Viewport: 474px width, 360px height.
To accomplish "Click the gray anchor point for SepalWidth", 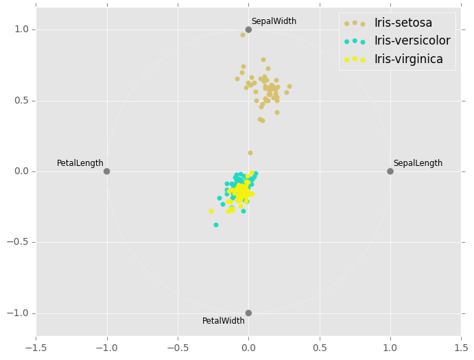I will point(248,29).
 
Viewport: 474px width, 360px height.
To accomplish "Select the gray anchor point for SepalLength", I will point(390,171).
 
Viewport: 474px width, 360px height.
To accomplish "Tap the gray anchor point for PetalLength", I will point(106,171).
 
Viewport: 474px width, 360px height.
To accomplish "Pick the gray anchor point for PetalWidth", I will point(248,313).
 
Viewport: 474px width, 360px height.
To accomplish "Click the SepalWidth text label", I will point(274,21).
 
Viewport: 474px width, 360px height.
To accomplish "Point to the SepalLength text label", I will point(418,163).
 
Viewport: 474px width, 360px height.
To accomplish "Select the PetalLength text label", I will point(80,163).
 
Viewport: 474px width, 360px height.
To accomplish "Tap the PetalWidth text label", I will point(223,321).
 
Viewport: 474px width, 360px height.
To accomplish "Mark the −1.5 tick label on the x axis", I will point(36,347).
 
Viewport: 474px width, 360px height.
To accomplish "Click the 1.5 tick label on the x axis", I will point(461,347).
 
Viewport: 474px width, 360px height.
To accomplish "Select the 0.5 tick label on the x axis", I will point(319,347).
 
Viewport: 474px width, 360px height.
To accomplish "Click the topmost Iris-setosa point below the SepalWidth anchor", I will point(243,35).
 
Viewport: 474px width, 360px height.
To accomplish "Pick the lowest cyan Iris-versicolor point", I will point(216,225).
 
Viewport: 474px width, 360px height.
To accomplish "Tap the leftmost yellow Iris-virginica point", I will point(211,211).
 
